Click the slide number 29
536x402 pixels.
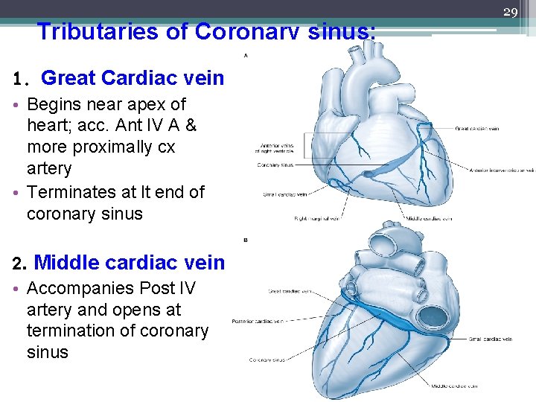(511, 12)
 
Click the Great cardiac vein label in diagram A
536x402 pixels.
(476, 129)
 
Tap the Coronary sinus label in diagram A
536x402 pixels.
(276, 165)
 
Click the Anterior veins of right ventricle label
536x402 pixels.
(277, 149)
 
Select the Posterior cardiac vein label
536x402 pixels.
(258, 322)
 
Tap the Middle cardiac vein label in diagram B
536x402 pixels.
(453, 386)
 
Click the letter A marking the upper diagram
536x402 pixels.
(246, 55)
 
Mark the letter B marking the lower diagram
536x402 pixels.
(246, 240)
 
